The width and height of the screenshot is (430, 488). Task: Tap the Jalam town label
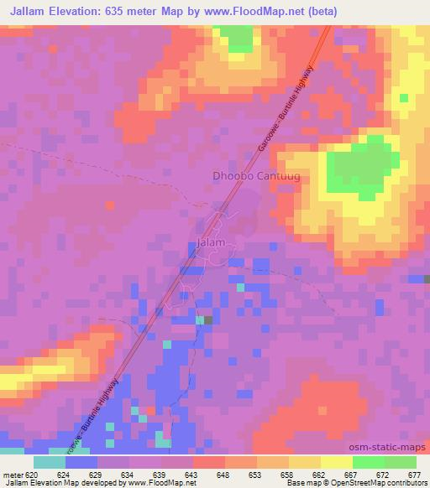pos(210,243)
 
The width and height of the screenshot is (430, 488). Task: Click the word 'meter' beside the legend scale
pos(12,473)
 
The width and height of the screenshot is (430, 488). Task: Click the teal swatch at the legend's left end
pos(50,462)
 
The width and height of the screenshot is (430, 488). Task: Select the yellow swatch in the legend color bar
pos(336,462)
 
